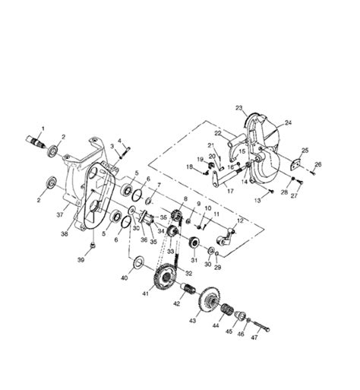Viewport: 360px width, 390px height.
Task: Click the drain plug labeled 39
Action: pos(92,245)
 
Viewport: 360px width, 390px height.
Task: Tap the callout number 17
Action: pos(229,192)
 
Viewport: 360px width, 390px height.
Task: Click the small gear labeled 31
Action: pos(195,245)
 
